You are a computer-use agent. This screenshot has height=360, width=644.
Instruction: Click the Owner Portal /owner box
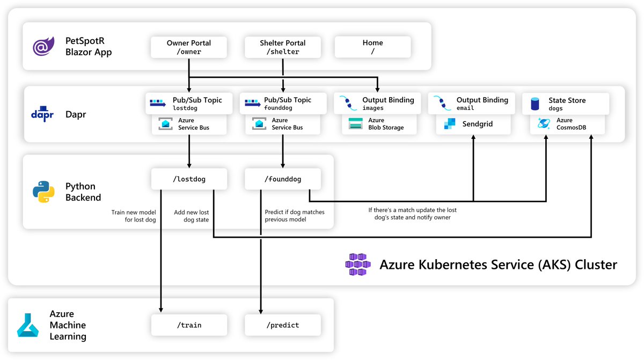[188, 47]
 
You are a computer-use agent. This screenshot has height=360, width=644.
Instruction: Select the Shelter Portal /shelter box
[282, 47]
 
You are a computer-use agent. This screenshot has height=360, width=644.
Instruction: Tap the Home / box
[372, 47]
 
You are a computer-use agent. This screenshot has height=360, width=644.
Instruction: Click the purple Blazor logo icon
[43, 47]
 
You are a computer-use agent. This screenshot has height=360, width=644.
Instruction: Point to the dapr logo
[42, 114]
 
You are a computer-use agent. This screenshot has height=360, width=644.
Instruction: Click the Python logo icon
[43, 192]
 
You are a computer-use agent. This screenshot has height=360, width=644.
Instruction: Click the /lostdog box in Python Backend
[188, 179]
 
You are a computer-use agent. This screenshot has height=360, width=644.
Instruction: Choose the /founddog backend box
[282, 179]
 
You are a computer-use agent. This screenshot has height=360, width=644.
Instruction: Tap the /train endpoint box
[188, 325]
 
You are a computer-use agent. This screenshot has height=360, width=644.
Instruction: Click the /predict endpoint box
[282, 325]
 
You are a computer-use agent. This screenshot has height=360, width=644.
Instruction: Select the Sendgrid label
[478, 124]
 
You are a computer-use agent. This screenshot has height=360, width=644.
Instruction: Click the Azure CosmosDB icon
[543, 124]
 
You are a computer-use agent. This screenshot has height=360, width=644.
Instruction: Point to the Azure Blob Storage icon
[356, 124]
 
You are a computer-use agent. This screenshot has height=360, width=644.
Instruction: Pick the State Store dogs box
[566, 104]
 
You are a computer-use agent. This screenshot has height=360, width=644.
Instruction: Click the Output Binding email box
[471, 104]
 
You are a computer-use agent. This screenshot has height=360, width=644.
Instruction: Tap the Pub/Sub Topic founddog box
[282, 104]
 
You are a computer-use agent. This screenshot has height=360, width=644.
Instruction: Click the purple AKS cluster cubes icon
[358, 265]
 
